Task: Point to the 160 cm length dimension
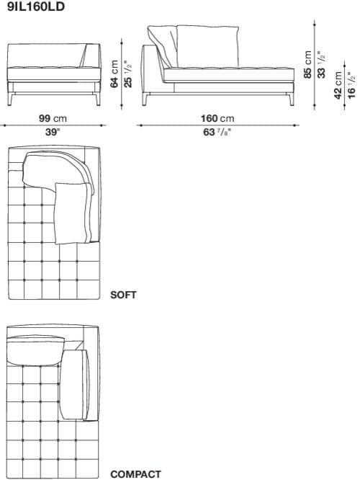coord(217,118)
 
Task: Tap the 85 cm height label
coord(309,65)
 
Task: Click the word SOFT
coord(123,295)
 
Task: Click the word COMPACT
coord(135,474)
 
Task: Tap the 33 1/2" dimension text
coord(321,65)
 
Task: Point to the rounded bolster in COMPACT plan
coord(74,383)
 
